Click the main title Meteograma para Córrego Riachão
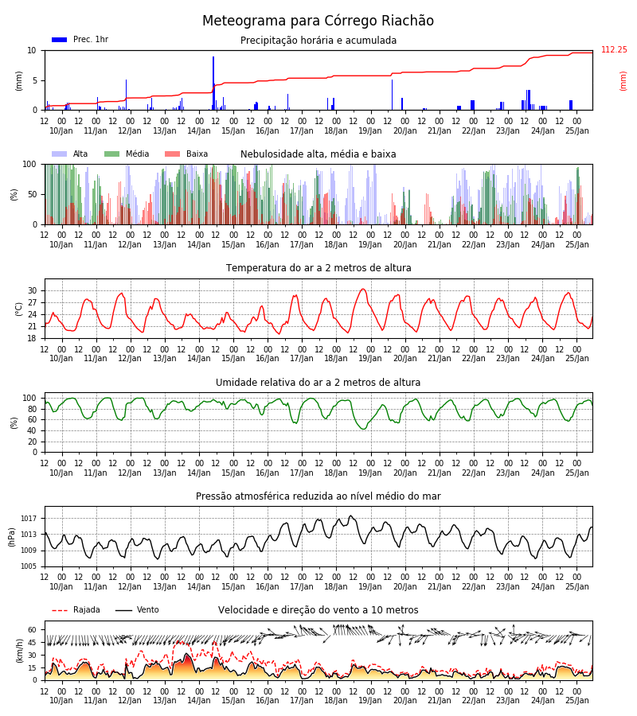point(318,21)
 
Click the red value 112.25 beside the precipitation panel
point(614,50)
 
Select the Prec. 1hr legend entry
point(80,39)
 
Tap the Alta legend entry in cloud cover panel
point(69,154)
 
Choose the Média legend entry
point(127,154)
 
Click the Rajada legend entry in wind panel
point(76,609)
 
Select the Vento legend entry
point(137,609)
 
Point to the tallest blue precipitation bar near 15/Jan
point(213,83)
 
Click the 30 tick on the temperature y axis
point(33,291)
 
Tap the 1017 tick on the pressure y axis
point(29,519)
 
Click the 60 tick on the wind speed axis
point(33,630)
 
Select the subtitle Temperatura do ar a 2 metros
point(318,268)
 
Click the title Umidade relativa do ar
point(318,382)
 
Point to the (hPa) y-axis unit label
point(12,537)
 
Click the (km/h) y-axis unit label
point(19,651)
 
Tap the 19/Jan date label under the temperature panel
point(370,359)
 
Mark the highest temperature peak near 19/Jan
point(363,289)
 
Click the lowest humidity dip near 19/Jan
point(364,429)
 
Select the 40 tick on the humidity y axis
point(33,430)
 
